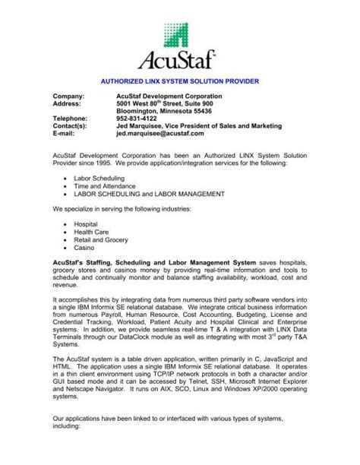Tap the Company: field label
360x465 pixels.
coord(70,96)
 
